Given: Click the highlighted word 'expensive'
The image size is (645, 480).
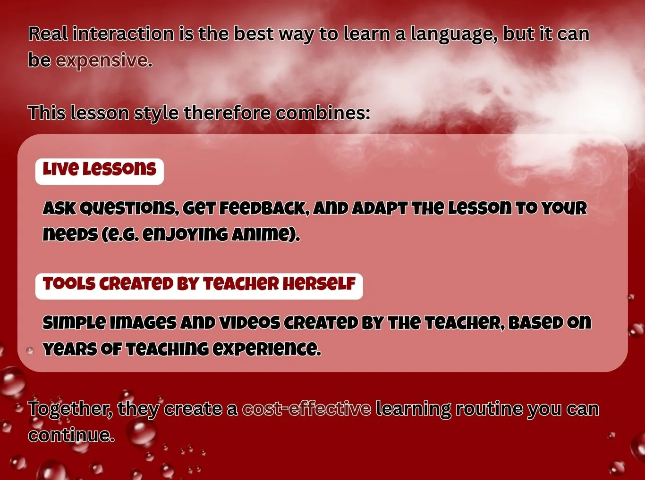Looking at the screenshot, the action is pyautogui.click(x=102, y=60).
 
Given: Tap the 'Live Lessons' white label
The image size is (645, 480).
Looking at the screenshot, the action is pyautogui.click(x=99, y=171).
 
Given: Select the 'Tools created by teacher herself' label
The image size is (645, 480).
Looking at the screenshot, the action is pyautogui.click(x=199, y=286).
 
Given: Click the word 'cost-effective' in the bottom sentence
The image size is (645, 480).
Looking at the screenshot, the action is pyautogui.click(x=306, y=409).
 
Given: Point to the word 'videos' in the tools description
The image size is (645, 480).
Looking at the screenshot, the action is pyautogui.click(x=250, y=323).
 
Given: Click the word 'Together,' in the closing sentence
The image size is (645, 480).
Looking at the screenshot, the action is pyautogui.click(x=70, y=409).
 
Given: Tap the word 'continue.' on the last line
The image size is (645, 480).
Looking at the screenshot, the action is pyautogui.click(x=71, y=435).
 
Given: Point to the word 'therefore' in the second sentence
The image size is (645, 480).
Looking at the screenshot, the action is pyautogui.click(x=227, y=113).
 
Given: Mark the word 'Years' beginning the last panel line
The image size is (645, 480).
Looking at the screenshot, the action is pyautogui.click(x=69, y=349).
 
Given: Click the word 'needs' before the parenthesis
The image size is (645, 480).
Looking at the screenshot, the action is pyautogui.click(x=70, y=234).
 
